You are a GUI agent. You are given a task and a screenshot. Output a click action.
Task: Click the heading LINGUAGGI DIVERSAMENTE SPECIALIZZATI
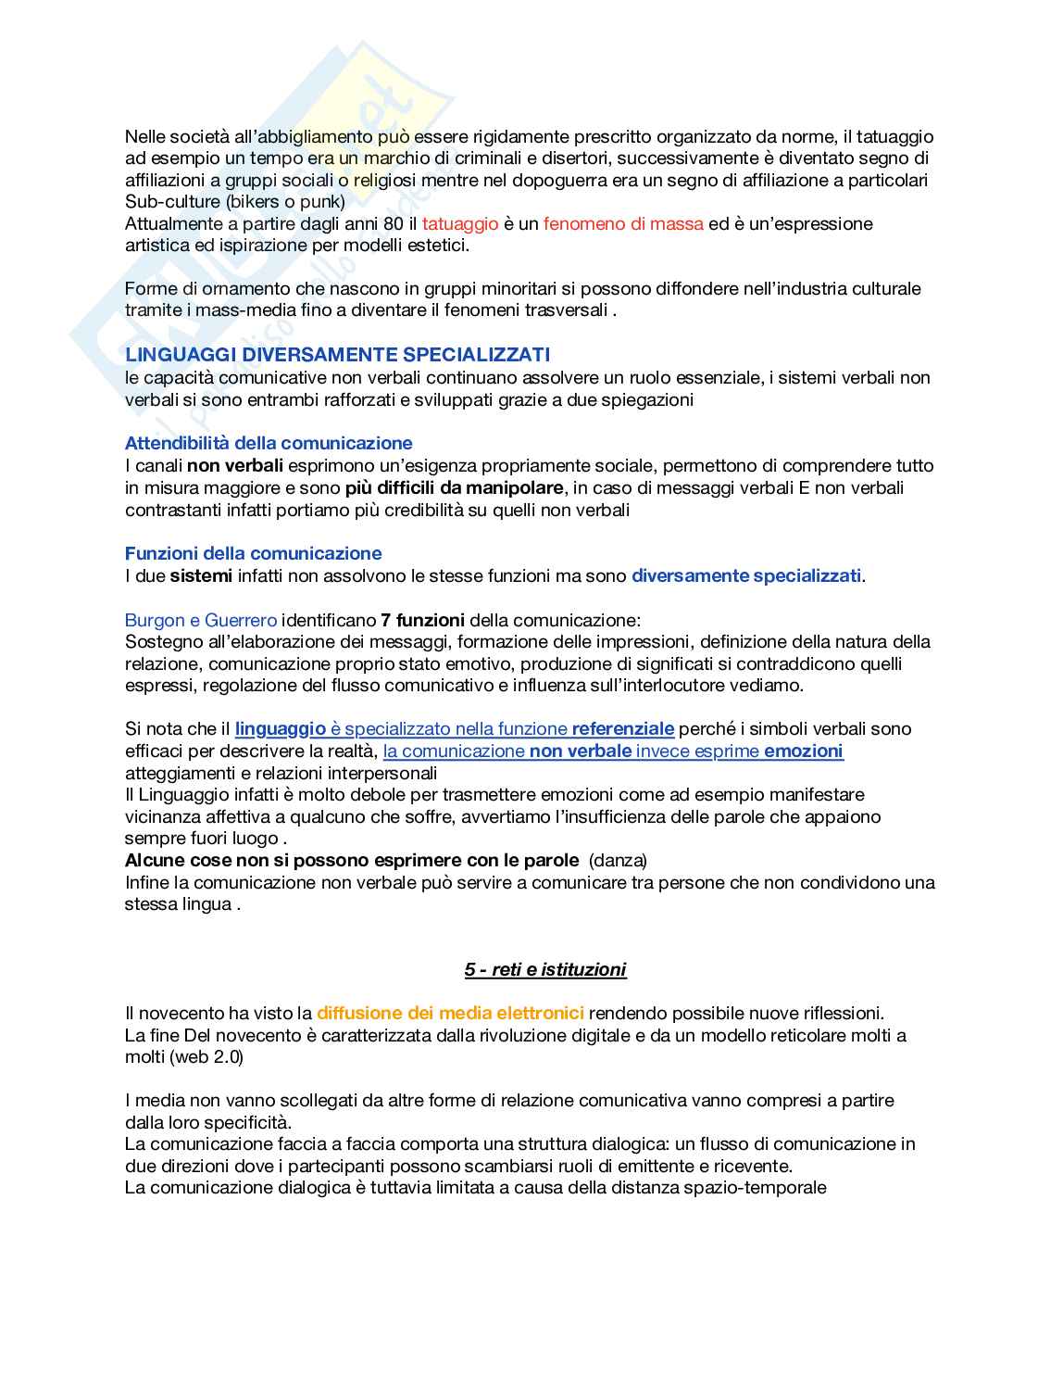(337, 355)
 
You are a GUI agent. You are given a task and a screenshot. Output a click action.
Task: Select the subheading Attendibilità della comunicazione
(269, 443)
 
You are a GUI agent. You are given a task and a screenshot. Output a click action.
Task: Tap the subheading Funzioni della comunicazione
(253, 553)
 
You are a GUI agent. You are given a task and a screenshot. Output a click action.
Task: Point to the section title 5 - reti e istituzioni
(545, 969)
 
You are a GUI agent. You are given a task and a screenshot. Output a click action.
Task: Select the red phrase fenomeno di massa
(623, 223)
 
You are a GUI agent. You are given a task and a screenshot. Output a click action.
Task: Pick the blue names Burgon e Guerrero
(201, 620)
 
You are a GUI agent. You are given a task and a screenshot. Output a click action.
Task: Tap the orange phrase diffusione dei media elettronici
(450, 1013)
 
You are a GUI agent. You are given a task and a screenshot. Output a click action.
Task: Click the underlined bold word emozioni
(804, 751)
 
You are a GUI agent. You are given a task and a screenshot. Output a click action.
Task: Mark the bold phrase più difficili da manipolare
(454, 487)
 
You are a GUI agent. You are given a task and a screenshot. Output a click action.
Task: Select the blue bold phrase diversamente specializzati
(746, 575)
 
